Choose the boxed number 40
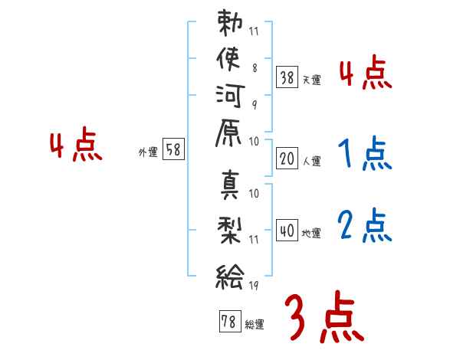click(287, 231)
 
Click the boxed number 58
click(174, 150)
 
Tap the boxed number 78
click(228, 322)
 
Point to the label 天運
click(311, 80)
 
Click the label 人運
click(311, 162)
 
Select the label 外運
click(148, 152)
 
